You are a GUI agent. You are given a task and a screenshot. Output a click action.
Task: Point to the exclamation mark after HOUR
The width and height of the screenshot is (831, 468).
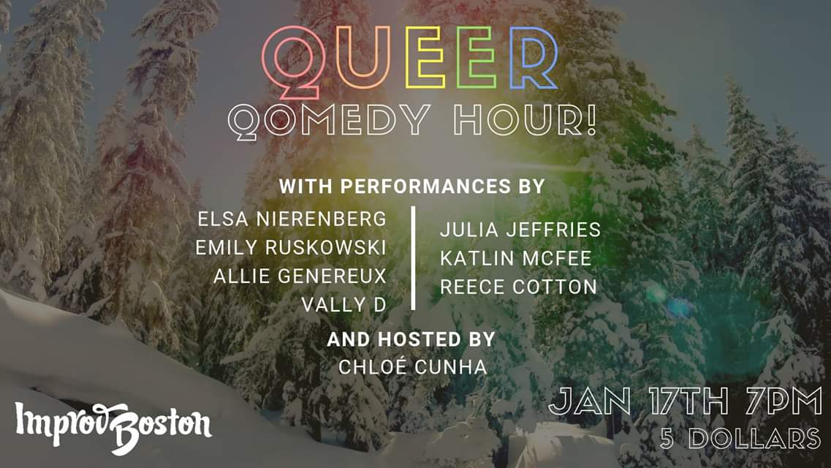point(591,118)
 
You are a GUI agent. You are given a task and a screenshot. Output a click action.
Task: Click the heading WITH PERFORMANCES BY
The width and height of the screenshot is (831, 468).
point(411,186)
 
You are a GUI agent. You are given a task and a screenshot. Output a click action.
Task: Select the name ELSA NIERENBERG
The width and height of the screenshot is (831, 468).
point(292,219)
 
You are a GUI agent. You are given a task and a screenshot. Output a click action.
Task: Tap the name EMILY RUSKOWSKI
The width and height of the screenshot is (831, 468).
point(291,247)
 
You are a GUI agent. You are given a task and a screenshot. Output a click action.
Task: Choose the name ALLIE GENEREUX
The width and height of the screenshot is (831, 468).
point(300,276)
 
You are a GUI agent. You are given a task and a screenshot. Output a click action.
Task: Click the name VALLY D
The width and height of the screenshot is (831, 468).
point(344,305)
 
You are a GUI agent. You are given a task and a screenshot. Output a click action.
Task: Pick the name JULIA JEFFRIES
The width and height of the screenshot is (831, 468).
point(520,230)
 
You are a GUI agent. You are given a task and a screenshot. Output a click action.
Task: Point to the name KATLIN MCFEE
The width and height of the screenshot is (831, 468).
point(516,258)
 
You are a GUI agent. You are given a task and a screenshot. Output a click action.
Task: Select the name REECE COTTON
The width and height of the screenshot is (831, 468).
point(518,287)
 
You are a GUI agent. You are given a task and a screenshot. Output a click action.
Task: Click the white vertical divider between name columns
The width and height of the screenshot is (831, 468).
point(414,258)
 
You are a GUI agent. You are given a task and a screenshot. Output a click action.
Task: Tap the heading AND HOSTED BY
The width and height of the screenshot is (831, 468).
point(411,339)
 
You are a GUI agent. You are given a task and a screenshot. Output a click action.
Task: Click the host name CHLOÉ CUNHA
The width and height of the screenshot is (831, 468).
point(412,366)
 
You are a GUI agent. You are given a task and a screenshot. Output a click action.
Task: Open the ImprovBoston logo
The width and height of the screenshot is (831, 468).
point(113,427)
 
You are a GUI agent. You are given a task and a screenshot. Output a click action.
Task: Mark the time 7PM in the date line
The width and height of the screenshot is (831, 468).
point(783,401)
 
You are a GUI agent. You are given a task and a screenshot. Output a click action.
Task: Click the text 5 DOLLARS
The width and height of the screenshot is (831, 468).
point(740,438)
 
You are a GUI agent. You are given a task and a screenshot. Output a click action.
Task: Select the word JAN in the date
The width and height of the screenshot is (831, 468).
point(589,401)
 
